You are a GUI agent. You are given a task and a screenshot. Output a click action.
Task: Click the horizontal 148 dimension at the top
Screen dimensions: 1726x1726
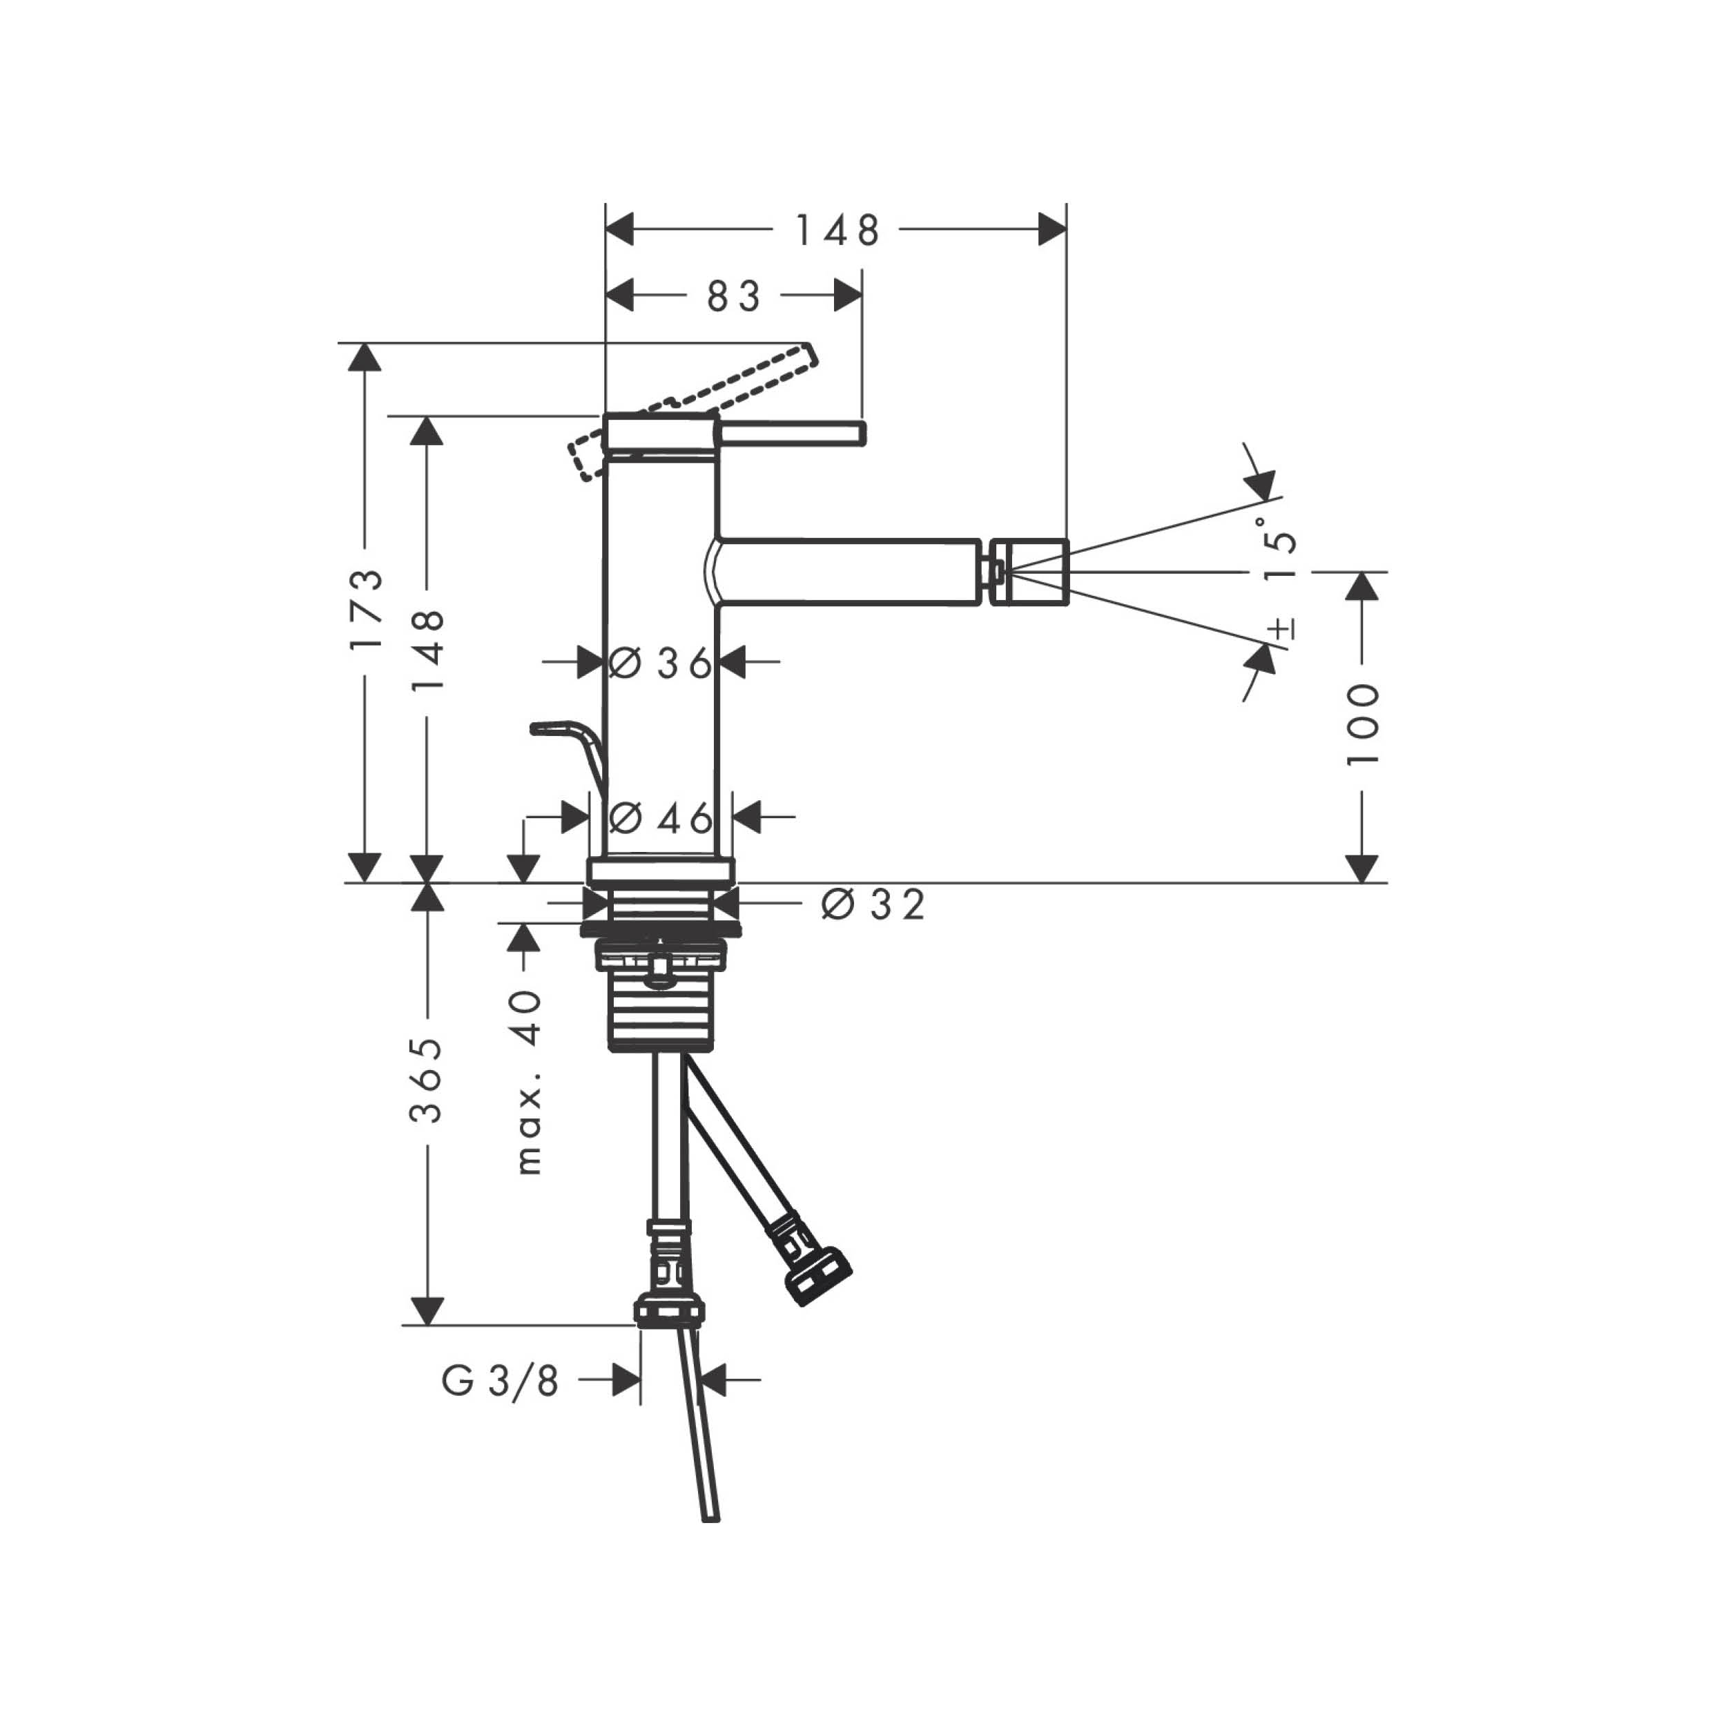837,231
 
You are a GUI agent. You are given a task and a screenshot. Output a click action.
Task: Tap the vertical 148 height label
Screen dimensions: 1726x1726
429,650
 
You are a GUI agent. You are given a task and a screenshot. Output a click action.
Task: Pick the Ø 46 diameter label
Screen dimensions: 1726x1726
661,817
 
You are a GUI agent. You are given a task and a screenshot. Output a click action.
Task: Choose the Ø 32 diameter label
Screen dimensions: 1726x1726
873,905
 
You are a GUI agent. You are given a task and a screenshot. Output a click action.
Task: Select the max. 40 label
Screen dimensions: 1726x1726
529,1081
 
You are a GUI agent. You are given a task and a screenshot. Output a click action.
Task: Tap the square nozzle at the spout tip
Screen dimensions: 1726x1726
1030,571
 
